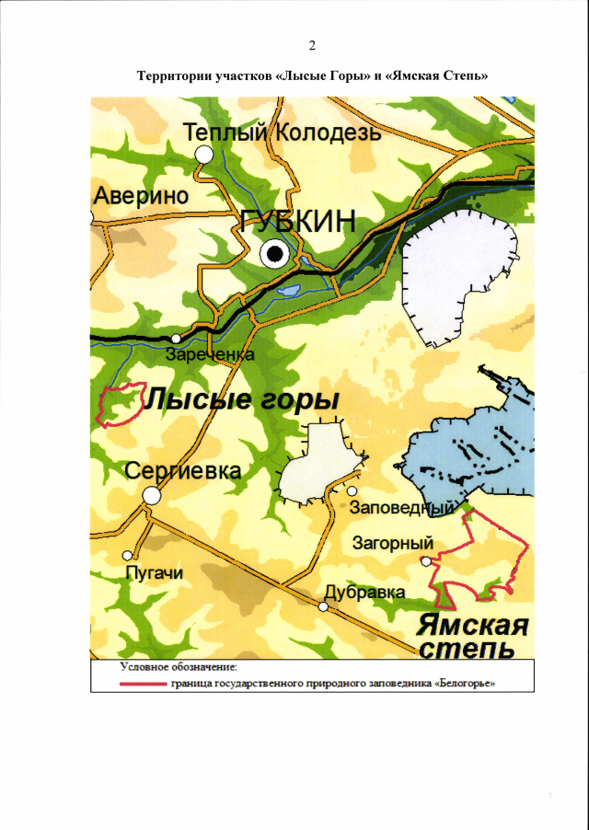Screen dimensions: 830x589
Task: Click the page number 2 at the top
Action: click(313, 45)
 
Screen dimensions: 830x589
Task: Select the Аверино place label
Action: click(141, 196)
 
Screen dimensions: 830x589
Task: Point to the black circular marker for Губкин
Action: click(274, 255)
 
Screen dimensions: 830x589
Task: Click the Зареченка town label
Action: click(209, 353)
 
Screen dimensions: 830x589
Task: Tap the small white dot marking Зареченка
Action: click(176, 339)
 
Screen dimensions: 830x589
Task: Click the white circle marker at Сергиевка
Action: click(152, 495)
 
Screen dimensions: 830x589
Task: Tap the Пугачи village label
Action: click(154, 573)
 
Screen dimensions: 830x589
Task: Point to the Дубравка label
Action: click(365, 593)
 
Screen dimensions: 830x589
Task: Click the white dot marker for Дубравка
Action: click(323, 606)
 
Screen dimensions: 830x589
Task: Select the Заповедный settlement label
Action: click(406, 509)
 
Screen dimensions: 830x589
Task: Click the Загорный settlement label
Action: click(393, 543)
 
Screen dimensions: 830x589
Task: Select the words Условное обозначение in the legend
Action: click(179, 665)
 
